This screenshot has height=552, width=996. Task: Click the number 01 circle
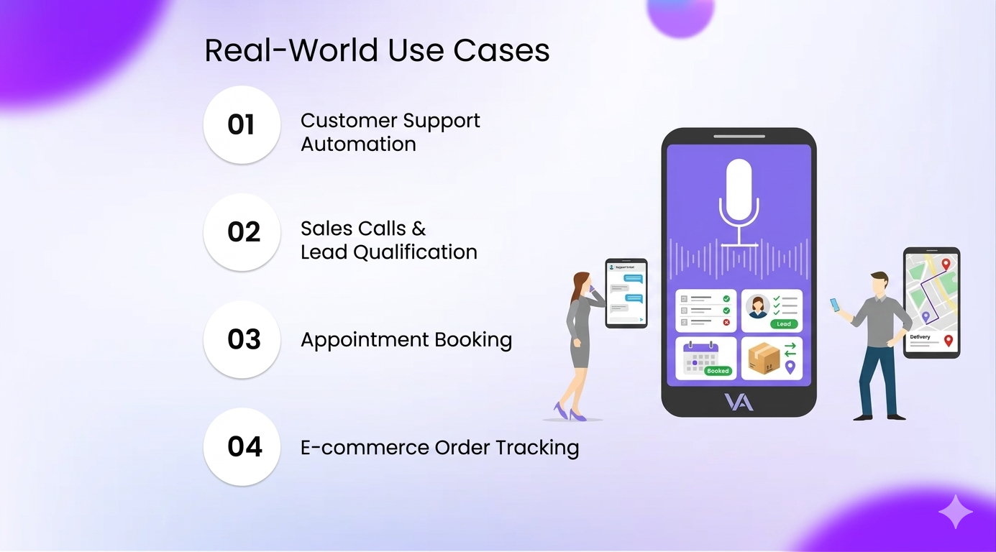click(242, 125)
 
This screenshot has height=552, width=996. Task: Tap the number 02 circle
click(242, 232)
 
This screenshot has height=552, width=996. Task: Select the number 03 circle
click(242, 339)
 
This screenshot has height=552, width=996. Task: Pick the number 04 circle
click(242, 447)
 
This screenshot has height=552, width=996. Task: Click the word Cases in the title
click(501, 51)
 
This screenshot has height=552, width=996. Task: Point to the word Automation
click(358, 144)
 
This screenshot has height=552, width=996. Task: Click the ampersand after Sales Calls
click(419, 229)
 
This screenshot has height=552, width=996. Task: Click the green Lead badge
click(784, 324)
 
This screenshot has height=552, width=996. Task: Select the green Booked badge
click(718, 371)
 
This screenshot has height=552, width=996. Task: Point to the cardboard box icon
click(764, 357)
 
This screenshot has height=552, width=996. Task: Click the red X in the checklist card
click(726, 323)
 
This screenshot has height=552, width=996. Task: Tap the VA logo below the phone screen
click(739, 402)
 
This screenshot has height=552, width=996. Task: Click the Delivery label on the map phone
click(920, 336)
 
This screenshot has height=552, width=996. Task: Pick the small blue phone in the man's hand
click(834, 305)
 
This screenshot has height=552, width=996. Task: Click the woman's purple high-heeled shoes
click(568, 413)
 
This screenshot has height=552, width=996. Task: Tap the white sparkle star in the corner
click(955, 511)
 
